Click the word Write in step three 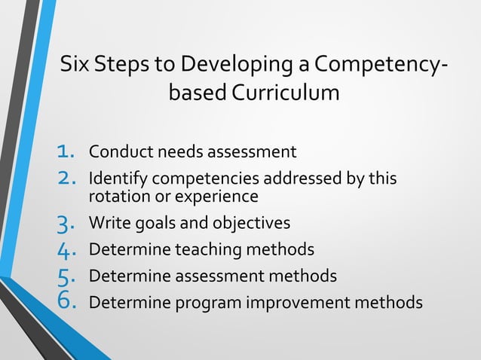[108, 224]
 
